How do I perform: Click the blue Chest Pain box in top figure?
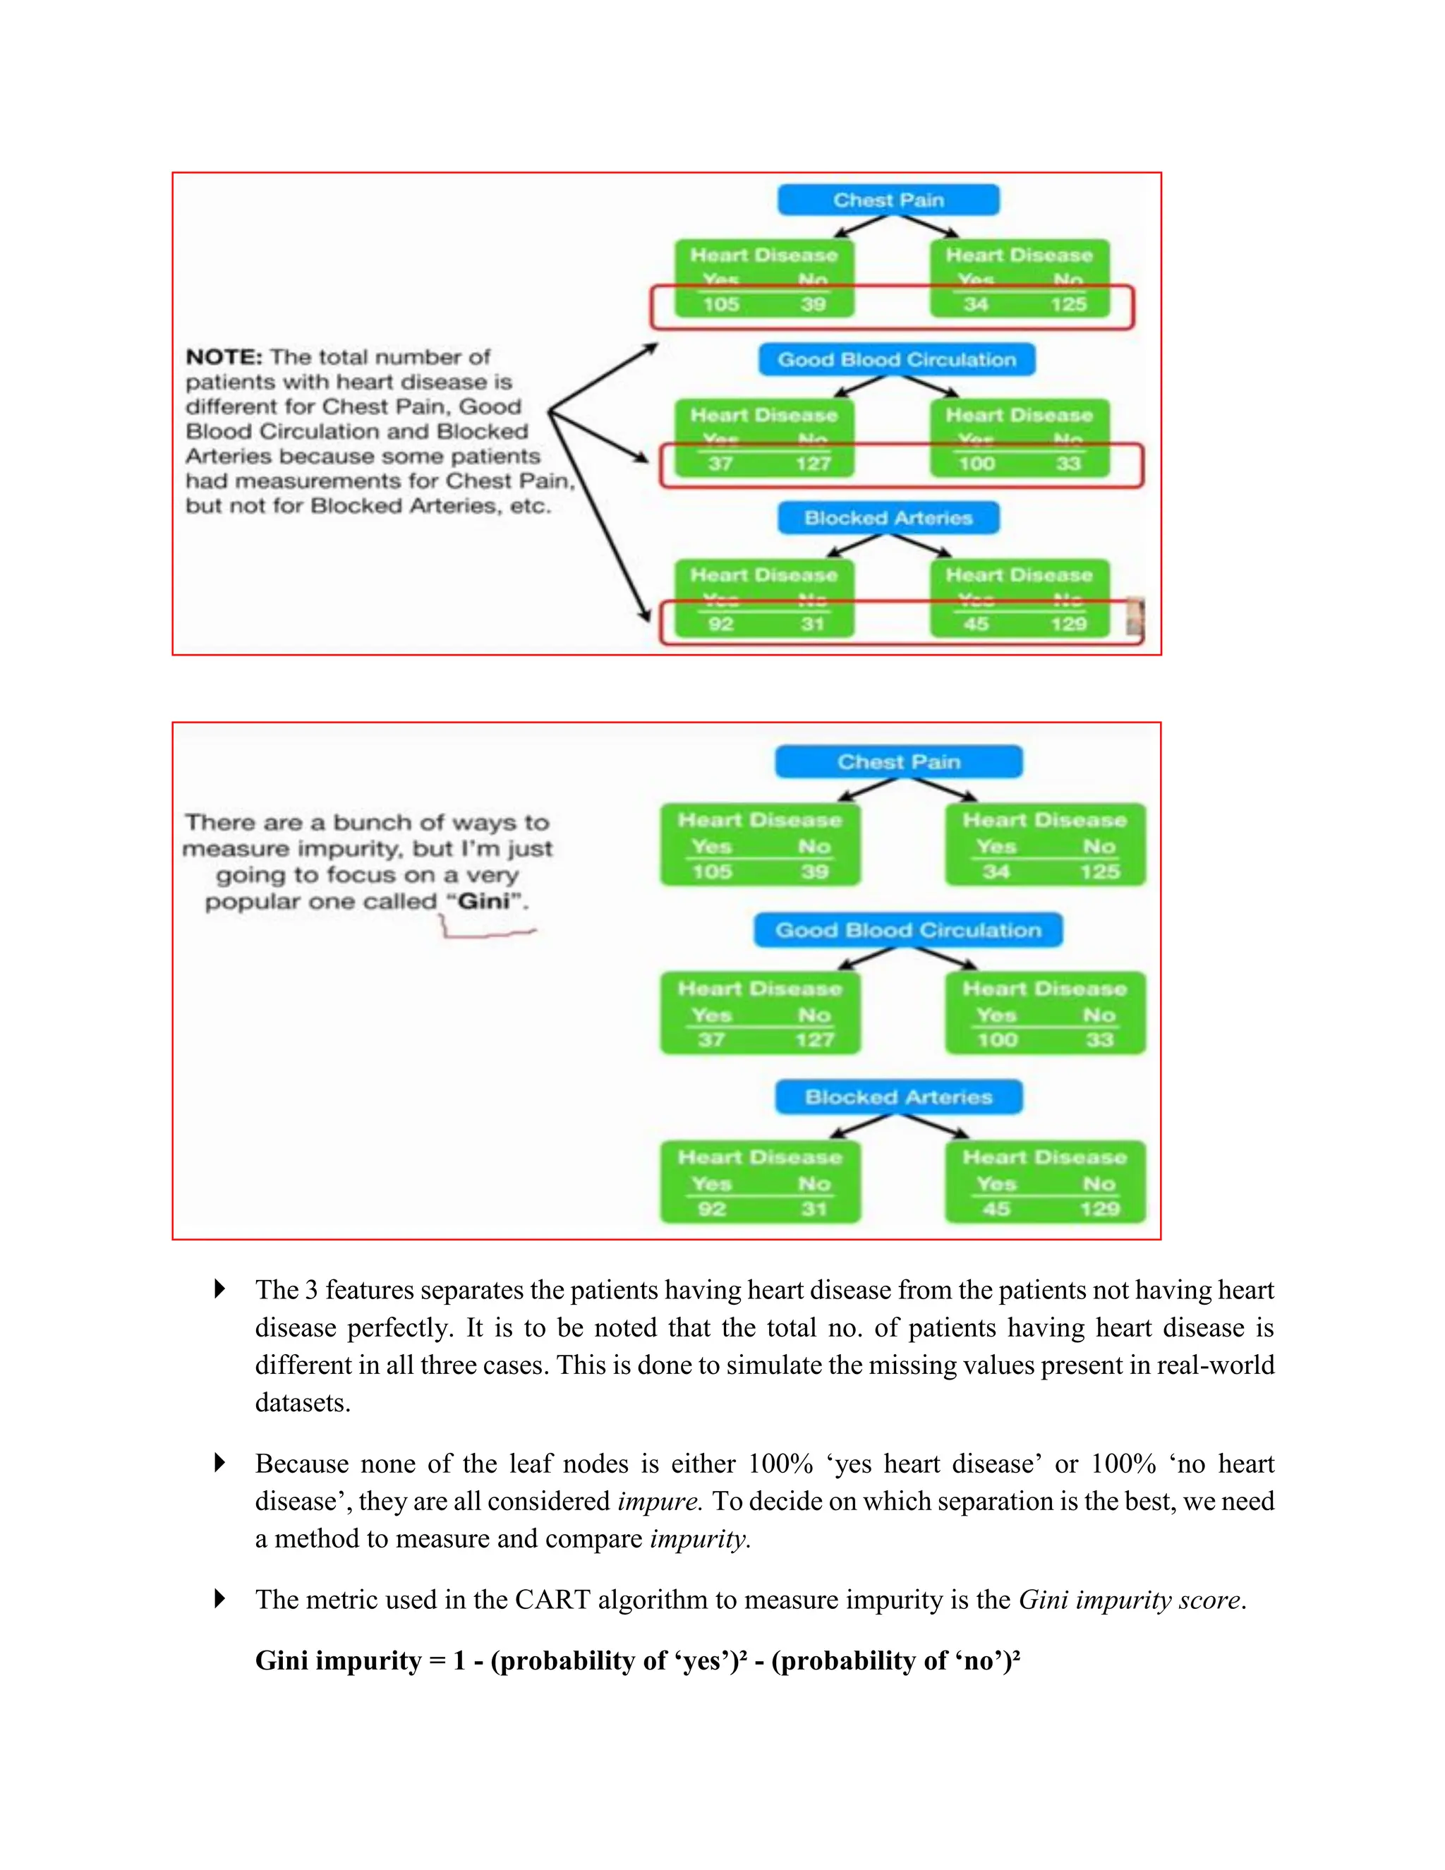click(x=888, y=200)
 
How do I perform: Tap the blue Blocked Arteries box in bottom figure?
click(x=898, y=1097)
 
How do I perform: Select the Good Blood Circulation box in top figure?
click(x=896, y=360)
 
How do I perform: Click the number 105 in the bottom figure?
click(x=711, y=871)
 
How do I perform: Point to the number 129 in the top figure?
click(x=1068, y=623)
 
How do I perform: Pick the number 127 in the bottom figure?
click(x=814, y=1039)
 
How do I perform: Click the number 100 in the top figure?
click(x=976, y=464)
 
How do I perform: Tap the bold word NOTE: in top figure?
click(x=224, y=357)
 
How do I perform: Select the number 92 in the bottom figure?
click(x=711, y=1208)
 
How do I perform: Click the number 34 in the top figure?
click(x=976, y=304)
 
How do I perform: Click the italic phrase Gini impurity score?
click(x=1129, y=1600)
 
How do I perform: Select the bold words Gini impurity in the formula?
click(x=338, y=1660)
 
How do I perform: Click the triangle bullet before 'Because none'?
click(x=220, y=1462)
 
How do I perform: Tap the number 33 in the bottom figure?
click(x=1099, y=1039)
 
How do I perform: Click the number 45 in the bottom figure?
click(x=996, y=1208)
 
